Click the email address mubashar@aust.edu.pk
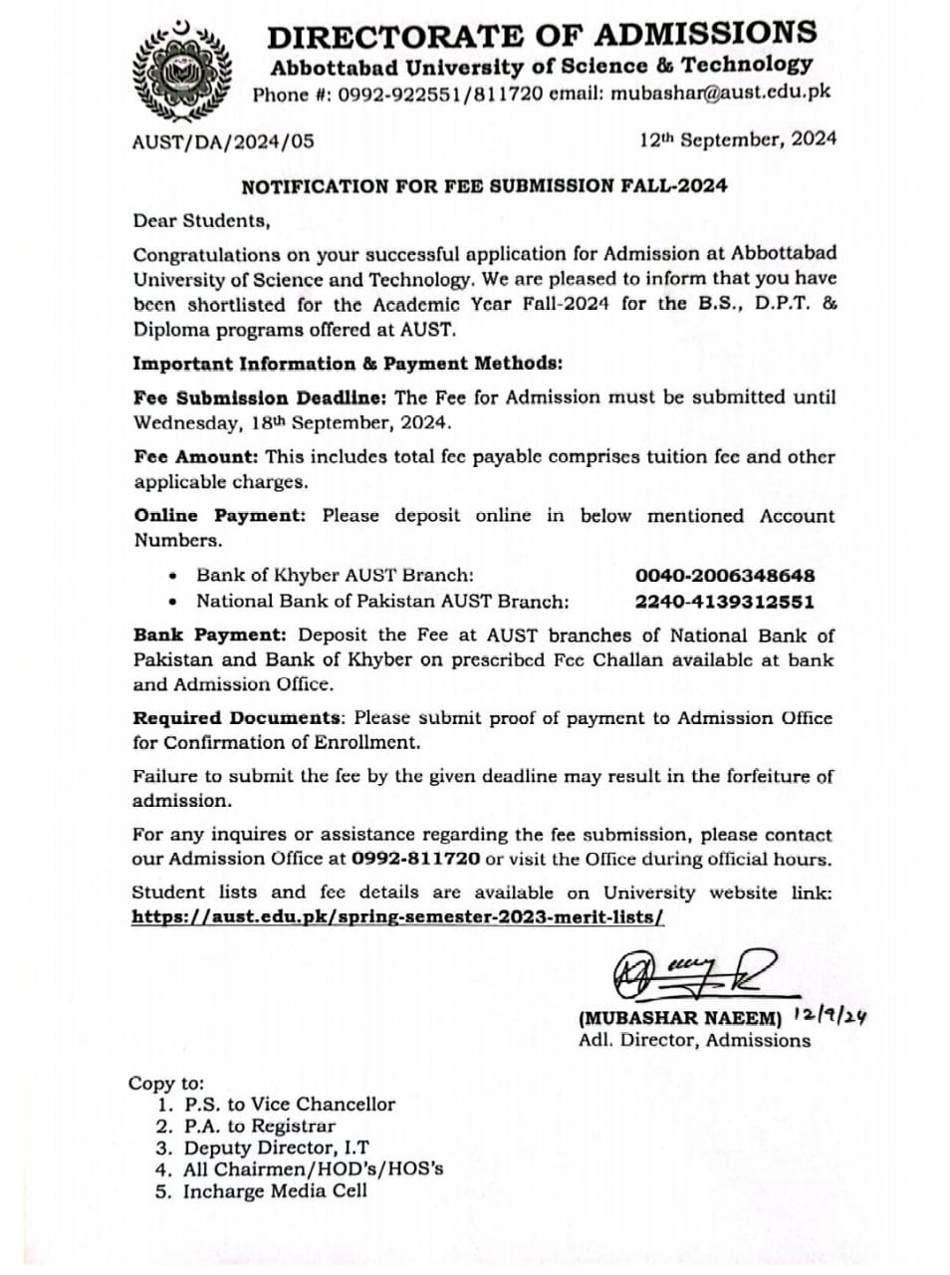coord(721,94)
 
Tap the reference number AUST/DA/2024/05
coord(223,141)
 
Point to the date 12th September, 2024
coord(737,139)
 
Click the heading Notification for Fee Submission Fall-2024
coord(484,185)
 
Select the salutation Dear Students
coord(200,220)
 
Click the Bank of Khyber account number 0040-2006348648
coord(725,576)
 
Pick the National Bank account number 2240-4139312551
coord(725,602)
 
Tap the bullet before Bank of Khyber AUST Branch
coord(174,576)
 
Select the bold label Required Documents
coord(237,718)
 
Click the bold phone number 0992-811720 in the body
coord(417,859)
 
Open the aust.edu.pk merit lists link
coord(397,917)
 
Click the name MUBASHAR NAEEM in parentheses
coord(680,1018)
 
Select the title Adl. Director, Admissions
coord(694,1041)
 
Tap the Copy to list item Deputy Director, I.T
coord(276,1147)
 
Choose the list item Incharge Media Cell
coord(275,1191)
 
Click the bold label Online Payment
coord(219,516)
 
